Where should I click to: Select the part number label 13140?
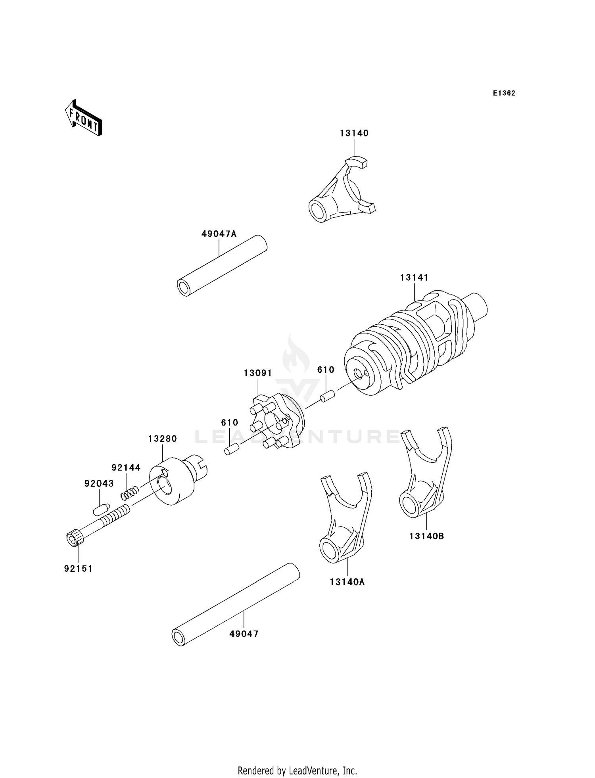pos(354,133)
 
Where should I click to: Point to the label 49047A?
pos(219,234)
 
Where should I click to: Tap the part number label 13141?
pos(414,278)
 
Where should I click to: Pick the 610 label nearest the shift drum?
pos(326,370)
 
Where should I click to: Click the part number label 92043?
pos(99,483)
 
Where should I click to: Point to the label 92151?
pos(78,568)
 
